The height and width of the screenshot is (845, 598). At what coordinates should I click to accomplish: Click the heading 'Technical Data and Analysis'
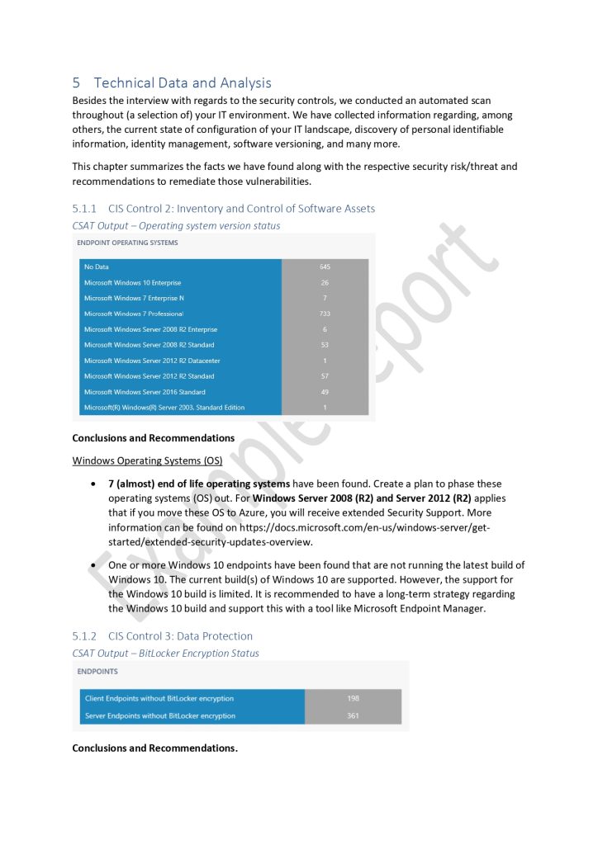click(x=183, y=83)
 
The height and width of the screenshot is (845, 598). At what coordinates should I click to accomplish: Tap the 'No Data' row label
click(x=97, y=267)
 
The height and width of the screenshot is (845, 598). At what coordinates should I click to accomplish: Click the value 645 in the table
click(x=325, y=267)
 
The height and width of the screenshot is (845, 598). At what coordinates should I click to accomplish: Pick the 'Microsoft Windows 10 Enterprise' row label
click(x=132, y=282)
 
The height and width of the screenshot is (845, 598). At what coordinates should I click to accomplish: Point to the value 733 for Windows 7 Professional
click(x=325, y=314)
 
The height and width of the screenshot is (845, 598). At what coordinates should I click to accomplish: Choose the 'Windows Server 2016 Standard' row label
click(x=145, y=392)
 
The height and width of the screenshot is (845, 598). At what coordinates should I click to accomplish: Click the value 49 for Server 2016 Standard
click(x=325, y=392)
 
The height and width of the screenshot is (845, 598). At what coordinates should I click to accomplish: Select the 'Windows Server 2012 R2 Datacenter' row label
click(x=152, y=361)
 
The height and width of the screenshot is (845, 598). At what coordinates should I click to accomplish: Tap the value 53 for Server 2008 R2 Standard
click(x=325, y=345)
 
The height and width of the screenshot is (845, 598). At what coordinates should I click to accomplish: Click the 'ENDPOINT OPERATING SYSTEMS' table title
click(x=127, y=243)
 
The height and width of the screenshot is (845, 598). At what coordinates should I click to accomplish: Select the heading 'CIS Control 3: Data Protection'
click(x=180, y=636)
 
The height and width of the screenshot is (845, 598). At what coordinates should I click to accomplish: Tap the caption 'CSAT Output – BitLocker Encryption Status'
click(x=165, y=654)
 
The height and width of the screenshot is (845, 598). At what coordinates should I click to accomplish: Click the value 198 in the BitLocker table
click(x=353, y=698)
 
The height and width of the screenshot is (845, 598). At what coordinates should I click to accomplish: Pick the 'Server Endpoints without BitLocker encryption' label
click(x=160, y=715)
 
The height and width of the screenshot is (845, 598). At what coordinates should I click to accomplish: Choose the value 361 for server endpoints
click(x=353, y=715)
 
